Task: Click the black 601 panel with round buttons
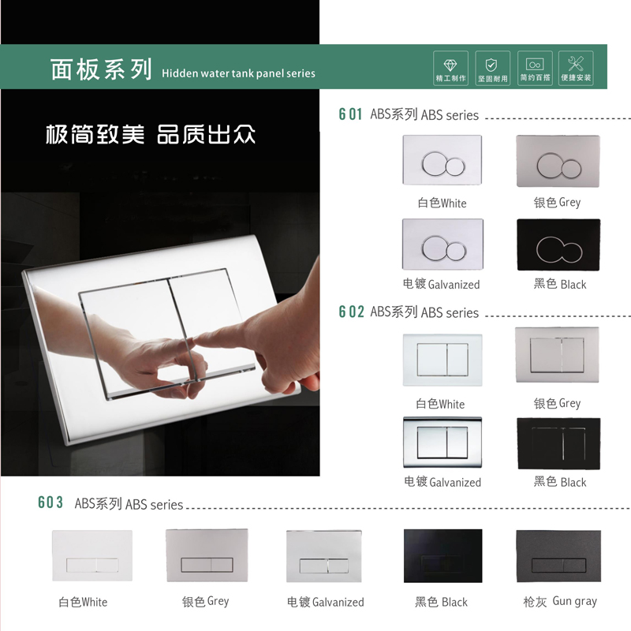coord(558,245)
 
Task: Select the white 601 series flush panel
coord(442,161)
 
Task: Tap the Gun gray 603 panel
coord(558,555)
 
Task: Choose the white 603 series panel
coord(92,556)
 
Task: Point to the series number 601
coord(351,114)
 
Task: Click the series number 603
coord(50,503)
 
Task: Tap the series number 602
coord(351,312)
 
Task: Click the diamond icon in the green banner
coord(450,64)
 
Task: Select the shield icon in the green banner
coord(492,64)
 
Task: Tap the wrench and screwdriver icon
coord(576,64)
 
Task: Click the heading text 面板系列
coord(101,69)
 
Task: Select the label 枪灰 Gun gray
coord(560,601)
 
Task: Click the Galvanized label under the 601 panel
coord(442,284)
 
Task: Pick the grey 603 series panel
coord(207,555)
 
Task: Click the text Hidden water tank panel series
coord(238,73)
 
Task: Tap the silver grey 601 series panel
coord(558,161)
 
